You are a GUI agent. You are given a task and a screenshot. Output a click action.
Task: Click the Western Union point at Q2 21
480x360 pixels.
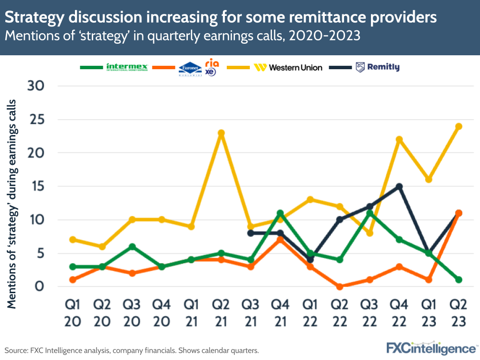tap(221, 133)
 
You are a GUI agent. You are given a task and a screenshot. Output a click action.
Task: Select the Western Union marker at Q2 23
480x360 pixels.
tap(458, 126)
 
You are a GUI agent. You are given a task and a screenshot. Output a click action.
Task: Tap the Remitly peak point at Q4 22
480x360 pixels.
tap(399, 186)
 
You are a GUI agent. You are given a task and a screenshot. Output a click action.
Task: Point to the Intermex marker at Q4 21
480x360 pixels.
tap(280, 213)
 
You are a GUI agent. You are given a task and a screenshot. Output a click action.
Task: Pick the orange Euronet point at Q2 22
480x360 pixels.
tap(339, 286)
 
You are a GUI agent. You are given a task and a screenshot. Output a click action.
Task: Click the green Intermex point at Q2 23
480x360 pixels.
tap(458, 280)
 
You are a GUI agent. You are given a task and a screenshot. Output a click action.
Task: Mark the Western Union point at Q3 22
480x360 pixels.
tap(369, 233)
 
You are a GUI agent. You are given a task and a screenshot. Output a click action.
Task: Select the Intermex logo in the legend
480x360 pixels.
tap(127, 67)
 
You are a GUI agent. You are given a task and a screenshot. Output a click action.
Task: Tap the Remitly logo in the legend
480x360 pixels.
tap(377, 67)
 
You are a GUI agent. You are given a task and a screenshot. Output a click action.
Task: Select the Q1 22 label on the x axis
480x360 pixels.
tap(310, 314)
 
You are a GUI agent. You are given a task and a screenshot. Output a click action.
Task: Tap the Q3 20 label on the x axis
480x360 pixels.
tap(132, 314)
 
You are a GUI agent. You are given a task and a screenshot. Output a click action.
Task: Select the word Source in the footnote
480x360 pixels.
tap(17, 350)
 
